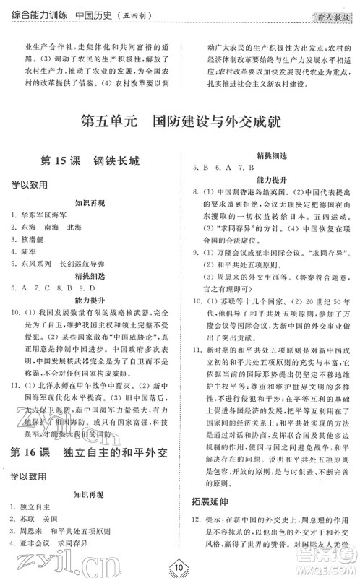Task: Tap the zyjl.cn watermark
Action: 44,558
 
